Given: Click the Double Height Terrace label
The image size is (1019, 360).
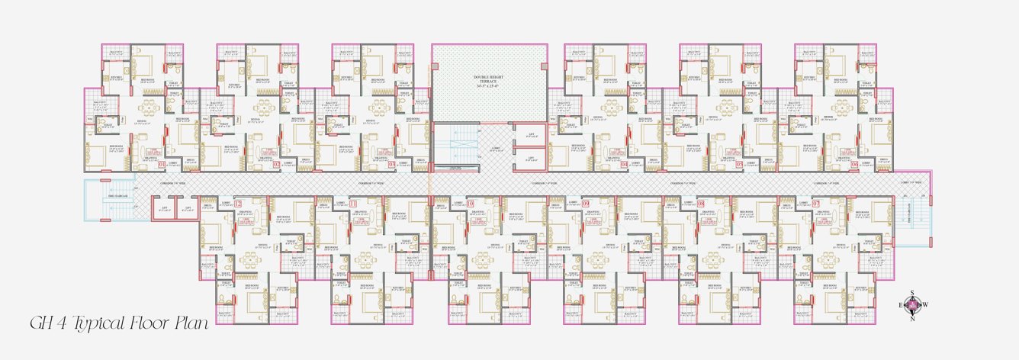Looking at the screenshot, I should [490, 80].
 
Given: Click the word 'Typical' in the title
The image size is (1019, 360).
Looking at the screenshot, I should [101, 323].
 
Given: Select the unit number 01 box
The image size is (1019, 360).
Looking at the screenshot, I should [162, 164].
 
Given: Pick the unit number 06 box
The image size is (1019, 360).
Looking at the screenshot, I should [855, 164].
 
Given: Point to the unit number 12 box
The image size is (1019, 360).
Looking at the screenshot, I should [237, 204].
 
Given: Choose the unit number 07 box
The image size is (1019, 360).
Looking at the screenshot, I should [815, 204].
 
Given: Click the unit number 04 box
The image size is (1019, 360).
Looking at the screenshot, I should [624, 164].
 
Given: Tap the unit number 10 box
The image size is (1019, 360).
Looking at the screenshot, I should [470, 204].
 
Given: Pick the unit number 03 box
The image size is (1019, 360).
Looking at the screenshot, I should [393, 164].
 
